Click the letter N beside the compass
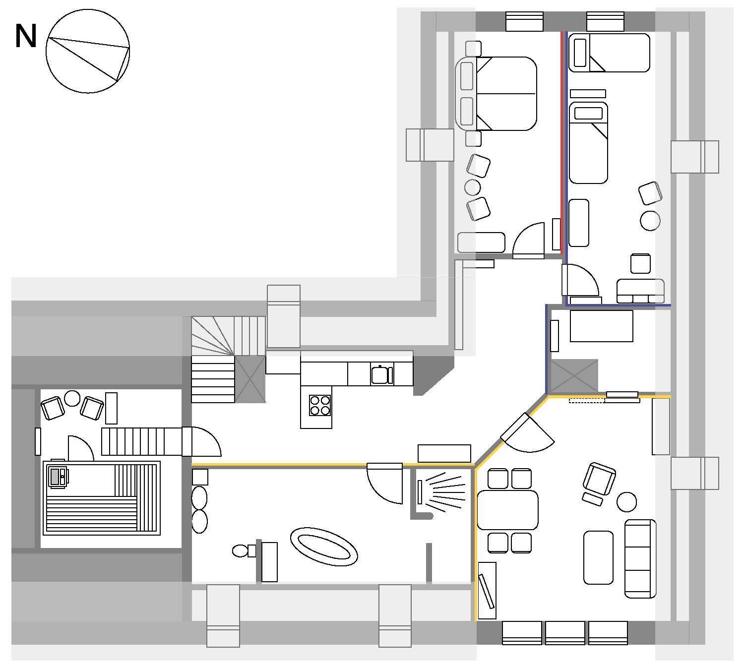26,36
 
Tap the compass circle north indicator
88,51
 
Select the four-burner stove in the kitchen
320,405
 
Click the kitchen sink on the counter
381,375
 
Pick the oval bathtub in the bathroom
324,547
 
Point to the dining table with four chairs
507,510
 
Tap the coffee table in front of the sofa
598,557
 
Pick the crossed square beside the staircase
250,379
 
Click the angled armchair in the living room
599,479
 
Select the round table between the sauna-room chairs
72,398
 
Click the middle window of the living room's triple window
565,633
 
